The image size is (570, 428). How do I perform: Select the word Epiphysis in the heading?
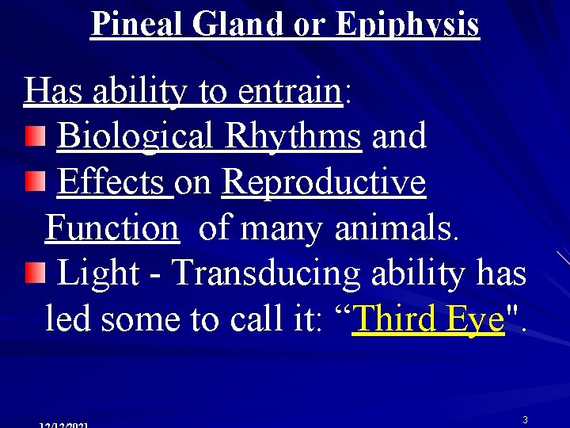[x=407, y=24]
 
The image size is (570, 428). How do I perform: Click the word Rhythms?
[x=293, y=136]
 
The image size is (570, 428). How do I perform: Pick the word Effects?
[x=115, y=182]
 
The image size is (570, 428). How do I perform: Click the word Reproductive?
[x=324, y=182]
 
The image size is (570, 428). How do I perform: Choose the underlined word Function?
[x=112, y=229]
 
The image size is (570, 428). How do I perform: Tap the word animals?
[x=395, y=229]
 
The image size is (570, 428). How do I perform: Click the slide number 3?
[x=525, y=418]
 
